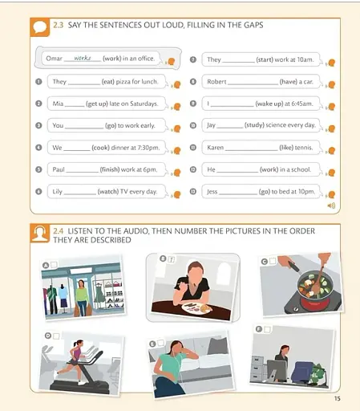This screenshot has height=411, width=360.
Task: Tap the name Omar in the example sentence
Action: point(54,59)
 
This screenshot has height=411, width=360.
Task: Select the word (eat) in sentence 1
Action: point(108,82)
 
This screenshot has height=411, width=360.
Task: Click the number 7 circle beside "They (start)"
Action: point(193,59)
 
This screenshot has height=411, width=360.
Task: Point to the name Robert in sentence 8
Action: point(217,82)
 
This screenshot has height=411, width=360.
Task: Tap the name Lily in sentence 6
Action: point(58,191)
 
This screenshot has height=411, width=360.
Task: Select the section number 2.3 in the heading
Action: point(59,26)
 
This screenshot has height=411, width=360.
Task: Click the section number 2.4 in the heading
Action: point(59,231)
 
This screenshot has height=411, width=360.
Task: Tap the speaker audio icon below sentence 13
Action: point(330,205)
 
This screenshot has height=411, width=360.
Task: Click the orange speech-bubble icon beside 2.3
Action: point(40,27)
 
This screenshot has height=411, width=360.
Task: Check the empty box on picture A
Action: point(53,265)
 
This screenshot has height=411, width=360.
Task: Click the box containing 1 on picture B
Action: point(171,258)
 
